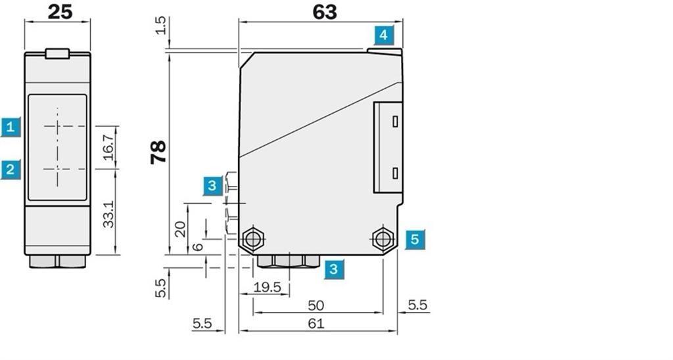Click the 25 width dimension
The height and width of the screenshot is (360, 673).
point(60,12)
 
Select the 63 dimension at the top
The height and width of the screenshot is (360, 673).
point(325,12)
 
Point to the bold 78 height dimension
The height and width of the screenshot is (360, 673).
point(158,152)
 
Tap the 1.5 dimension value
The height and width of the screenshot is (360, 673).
point(160,26)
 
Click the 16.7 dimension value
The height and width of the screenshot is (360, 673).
point(108,147)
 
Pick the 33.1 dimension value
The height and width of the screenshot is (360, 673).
point(109,214)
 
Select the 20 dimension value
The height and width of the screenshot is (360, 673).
point(180,229)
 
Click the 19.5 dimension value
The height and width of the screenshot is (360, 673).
point(267,287)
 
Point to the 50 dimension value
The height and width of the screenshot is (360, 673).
point(316,305)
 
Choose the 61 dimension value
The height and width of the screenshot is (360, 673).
point(316,323)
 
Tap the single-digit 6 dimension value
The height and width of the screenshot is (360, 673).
point(197,247)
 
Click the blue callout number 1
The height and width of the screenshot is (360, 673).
point(11,127)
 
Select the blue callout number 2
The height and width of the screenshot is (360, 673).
point(11,169)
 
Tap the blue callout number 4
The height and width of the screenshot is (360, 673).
point(384,35)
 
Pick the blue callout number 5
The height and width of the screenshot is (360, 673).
point(415,239)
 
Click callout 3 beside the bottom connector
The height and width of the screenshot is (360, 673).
point(334,269)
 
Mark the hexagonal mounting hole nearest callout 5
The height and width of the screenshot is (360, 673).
point(383,238)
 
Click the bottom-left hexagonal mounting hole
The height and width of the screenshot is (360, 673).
point(253,238)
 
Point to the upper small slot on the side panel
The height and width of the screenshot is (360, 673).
point(395,122)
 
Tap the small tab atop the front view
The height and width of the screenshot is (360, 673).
point(58,53)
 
